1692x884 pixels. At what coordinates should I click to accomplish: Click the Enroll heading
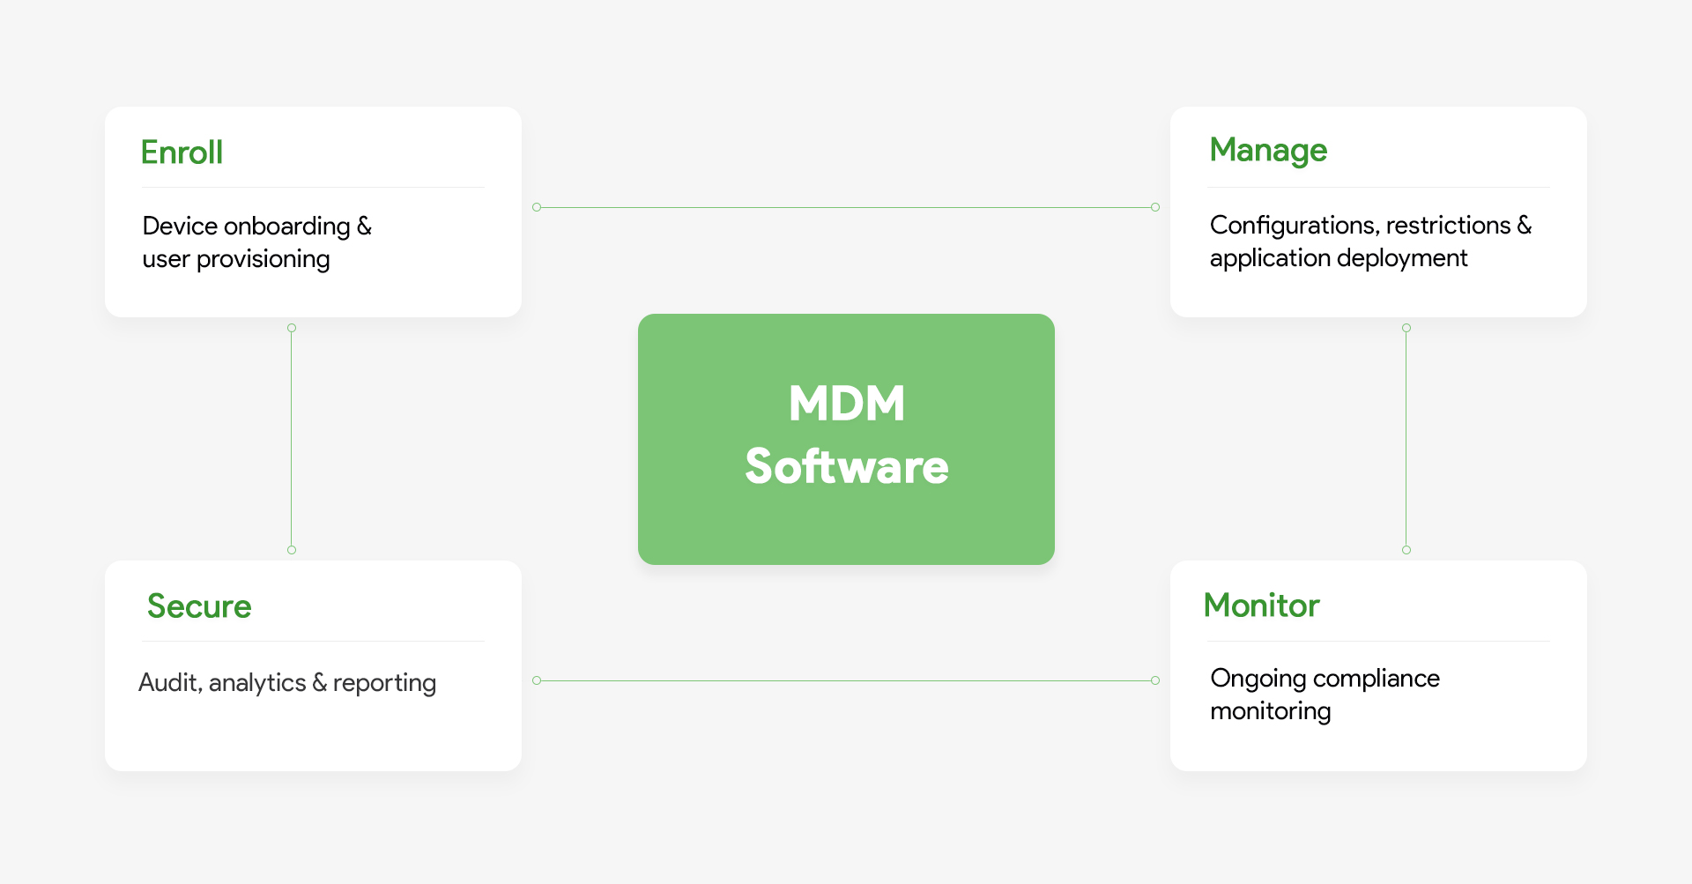tap(182, 152)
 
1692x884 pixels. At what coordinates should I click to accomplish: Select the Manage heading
tap(1267, 151)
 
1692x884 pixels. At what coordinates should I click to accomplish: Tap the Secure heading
tap(199, 606)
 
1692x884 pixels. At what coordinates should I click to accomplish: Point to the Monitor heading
tap(1261, 605)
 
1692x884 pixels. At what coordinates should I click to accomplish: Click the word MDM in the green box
tap(846, 404)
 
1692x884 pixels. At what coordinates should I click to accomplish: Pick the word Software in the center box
tap(846, 466)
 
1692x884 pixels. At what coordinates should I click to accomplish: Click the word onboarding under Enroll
tap(287, 227)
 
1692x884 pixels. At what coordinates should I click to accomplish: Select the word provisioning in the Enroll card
tap(263, 259)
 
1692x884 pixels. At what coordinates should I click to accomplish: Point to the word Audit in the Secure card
tap(169, 682)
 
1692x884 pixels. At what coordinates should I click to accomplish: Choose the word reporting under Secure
tap(384, 683)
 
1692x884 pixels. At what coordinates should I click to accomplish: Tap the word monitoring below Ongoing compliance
tap(1270, 711)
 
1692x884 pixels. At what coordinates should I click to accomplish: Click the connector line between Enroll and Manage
tap(846, 208)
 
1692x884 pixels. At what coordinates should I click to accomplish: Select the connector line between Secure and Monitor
tap(846, 680)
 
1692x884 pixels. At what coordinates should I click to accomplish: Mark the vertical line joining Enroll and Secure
tap(292, 439)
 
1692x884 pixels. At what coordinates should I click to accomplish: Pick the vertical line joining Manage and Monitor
tap(1406, 439)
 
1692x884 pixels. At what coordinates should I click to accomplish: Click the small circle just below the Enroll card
tap(292, 328)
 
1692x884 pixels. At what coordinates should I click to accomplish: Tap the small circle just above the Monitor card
tap(1406, 550)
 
